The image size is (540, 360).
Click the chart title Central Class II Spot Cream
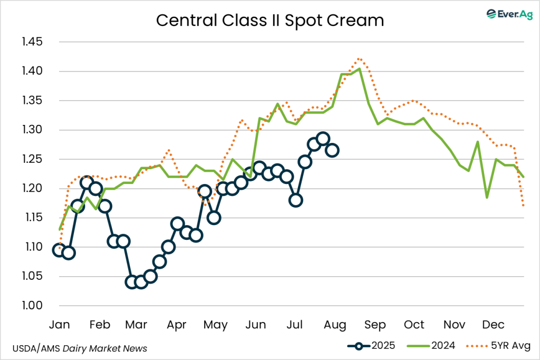pos(269,21)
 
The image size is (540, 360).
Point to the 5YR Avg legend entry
pos(499,346)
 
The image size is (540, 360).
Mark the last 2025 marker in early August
pos(332,150)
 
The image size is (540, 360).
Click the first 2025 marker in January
pos(59,250)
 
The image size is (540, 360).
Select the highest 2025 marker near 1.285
pos(323,139)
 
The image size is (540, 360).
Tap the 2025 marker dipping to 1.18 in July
pos(296,200)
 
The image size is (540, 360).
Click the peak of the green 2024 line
pos(359,69)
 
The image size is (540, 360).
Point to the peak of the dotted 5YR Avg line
pos(359,59)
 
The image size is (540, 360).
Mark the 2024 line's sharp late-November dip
pos(487,198)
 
